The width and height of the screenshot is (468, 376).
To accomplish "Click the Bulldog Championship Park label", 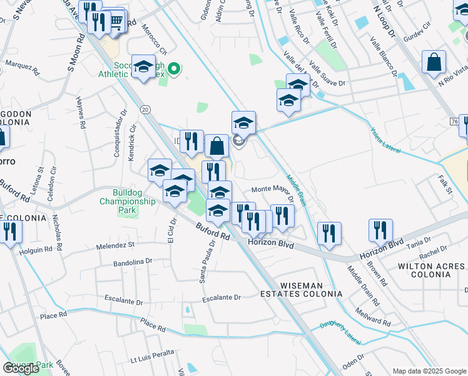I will click(127, 201).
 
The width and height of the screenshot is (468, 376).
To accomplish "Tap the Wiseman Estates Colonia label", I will click(310, 289).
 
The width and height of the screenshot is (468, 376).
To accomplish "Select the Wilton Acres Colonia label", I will click(432, 271).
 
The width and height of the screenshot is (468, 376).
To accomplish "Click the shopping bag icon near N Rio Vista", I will click(434, 63).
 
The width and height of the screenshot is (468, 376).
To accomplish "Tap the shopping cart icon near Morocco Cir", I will click(116, 22).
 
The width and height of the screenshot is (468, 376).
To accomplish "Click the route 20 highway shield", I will click(146, 109).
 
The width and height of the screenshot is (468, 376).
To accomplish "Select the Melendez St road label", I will click(115, 246).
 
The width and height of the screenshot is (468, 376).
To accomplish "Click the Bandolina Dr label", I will click(133, 262).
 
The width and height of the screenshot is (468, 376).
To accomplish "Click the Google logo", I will click(21, 368).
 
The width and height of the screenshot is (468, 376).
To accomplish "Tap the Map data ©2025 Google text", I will click(429, 371).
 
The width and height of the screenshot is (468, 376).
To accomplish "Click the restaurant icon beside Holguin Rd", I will click(10, 232).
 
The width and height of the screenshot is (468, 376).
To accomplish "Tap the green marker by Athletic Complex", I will click(176, 69).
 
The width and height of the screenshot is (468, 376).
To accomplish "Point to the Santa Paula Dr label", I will click(203, 263).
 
